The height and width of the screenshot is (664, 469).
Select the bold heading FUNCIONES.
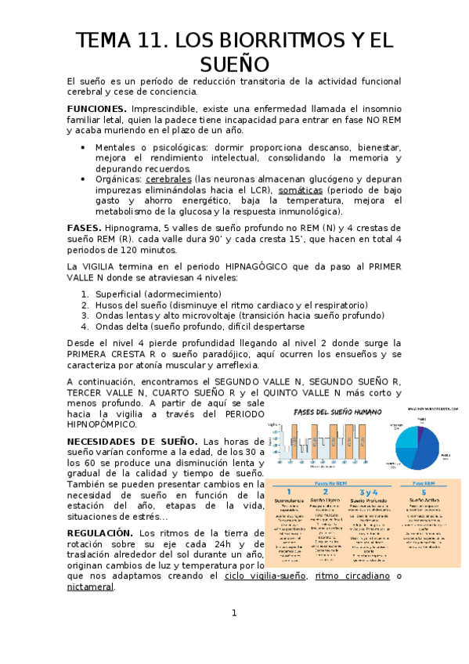coord(96,108)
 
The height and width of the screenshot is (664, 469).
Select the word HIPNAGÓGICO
coord(265,266)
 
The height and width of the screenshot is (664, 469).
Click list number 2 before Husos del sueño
coord(85,305)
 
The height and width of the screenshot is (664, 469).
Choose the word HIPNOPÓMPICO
coord(102,424)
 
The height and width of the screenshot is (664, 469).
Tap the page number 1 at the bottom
coord(233,634)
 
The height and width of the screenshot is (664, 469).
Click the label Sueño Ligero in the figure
coord(324,499)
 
